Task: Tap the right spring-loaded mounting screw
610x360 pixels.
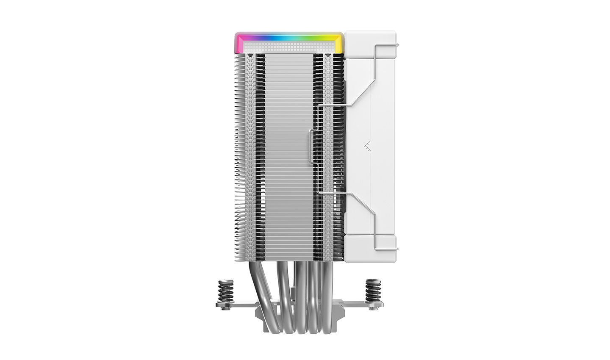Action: point(373,291)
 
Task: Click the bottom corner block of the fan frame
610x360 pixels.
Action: point(370,249)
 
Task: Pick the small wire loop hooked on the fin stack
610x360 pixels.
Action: point(311,146)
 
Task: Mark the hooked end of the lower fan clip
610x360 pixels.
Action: point(396,248)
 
